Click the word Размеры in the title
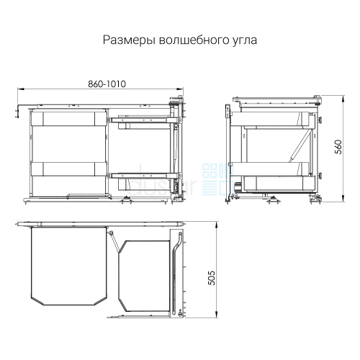coord(129,40)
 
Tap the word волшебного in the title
coord(191,40)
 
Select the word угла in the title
coord(242,41)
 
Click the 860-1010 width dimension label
coord(107,84)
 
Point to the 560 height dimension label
coord(338,147)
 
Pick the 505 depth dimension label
coord(212,278)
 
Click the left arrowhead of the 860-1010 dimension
coord(21,89)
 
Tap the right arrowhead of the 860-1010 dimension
coord(180,89)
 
